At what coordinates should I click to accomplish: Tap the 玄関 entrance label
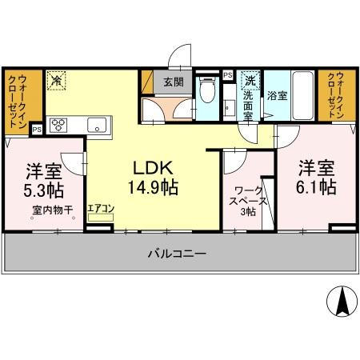point(174,82)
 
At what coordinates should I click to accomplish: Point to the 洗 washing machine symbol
point(250,79)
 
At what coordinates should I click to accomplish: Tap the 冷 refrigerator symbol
point(57,80)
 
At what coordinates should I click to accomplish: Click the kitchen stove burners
point(60,124)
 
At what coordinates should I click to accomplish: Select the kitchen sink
point(98,124)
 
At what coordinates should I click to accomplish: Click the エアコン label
point(101,209)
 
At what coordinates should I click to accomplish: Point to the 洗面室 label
point(248,102)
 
